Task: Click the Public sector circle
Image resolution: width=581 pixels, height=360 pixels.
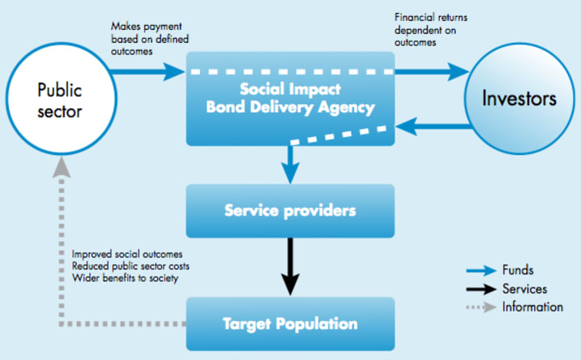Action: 61,98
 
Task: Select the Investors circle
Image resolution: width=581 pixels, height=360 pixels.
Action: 520,98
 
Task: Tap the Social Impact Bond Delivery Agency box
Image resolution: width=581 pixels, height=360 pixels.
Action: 290,98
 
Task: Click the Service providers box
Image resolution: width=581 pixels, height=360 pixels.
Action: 290,211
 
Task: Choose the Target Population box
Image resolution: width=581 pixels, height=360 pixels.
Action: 290,324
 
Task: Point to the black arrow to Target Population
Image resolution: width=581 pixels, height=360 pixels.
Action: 290,266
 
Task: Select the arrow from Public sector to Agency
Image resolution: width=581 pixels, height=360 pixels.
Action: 148,72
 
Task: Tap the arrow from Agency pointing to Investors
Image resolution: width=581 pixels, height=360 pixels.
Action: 432,72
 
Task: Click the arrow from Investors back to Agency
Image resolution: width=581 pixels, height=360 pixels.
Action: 433,127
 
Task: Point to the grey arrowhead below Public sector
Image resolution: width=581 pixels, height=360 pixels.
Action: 61,167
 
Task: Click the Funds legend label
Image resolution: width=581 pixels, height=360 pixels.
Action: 517,270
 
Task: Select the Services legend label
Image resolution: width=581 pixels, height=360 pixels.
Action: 525,289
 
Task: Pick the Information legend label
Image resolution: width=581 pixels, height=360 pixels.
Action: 533,307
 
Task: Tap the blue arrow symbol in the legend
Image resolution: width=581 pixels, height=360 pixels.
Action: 481,270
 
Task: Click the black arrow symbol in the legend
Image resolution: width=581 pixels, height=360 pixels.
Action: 481,289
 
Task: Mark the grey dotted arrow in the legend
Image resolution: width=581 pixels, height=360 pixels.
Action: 481,308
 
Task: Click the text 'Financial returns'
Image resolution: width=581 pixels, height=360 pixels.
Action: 431,18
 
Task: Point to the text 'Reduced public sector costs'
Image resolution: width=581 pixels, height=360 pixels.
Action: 131,266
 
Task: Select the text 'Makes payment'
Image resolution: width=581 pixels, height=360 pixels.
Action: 146,27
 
